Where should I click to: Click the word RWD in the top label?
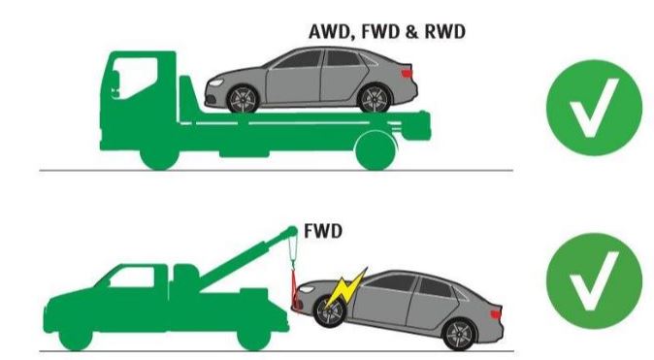coord(444,32)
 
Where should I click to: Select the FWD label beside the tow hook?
coord(323,231)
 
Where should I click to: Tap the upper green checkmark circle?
coord(594,108)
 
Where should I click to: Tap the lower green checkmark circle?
coord(594,280)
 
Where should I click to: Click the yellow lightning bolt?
coord(345,288)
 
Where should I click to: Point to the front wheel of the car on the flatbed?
coord(243,99)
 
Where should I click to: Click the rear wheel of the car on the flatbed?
coord(375,99)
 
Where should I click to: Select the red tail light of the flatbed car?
coord(407,74)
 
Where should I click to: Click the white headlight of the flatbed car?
coord(216,82)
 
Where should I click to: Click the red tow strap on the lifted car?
coord(294,289)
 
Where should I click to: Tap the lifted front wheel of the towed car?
coord(330,311)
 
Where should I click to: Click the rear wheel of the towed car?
coord(459,334)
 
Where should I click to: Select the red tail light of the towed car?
coord(496,313)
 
